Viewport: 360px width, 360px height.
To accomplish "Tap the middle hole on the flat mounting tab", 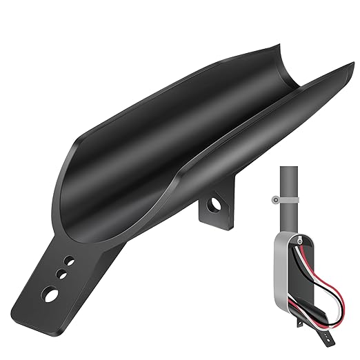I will (62, 274).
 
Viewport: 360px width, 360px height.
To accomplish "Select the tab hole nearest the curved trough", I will (69, 261).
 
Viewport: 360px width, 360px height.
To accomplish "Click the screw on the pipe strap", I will (275, 201).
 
